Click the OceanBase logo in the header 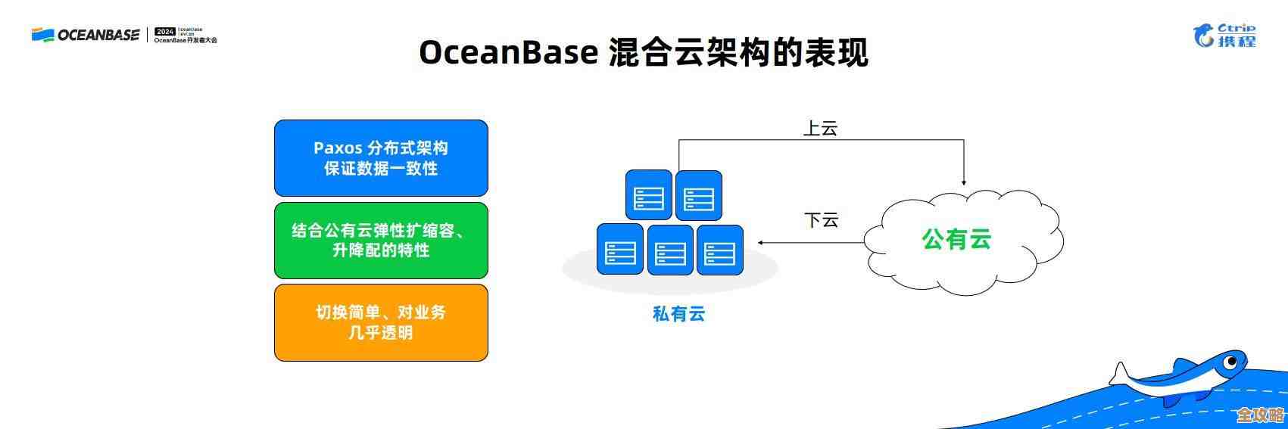(85, 35)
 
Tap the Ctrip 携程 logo (1224, 35)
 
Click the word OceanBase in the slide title (508, 53)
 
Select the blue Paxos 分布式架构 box (381, 158)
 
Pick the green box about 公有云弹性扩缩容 (381, 240)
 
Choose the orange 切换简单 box (381, 322)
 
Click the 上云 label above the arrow (820, 128)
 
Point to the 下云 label (821, 220)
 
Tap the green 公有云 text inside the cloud (956, 239)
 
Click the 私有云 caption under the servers (678, 313)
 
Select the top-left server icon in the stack (649, 195)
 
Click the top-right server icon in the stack (698, 195)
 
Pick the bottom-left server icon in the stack (619, 249)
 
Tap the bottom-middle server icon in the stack (670, 249)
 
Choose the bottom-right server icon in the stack (719, 249)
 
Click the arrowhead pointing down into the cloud (964, 182)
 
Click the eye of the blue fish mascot (1231, 362)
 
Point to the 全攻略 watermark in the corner (1260, 415)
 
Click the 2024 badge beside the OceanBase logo (164, 32)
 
